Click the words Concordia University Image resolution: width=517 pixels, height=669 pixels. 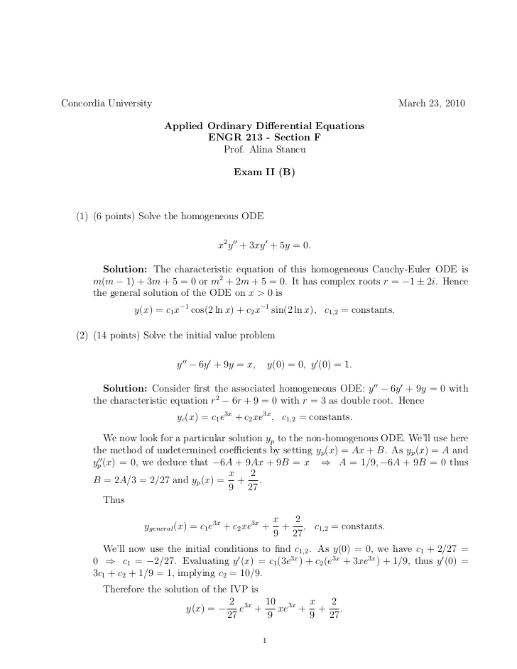click(107, 104)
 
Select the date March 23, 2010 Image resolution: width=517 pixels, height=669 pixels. click(432, 104)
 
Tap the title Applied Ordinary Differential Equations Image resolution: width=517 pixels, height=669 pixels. click(264, 126)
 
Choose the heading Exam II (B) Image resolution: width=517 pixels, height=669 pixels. click(264, 172)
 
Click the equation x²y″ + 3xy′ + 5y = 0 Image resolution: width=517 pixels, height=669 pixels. click(264, 245)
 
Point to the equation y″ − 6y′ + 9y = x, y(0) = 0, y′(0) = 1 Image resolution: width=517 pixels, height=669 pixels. click(264, 365)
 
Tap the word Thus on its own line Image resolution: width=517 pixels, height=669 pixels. click(114, 500)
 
